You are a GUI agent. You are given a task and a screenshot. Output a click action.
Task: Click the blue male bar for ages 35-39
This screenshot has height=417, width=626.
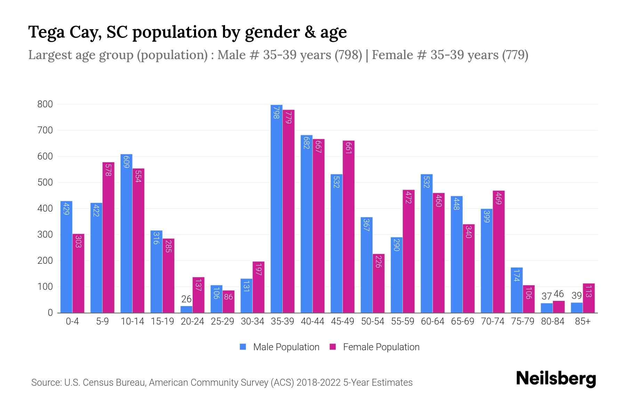[276, 208]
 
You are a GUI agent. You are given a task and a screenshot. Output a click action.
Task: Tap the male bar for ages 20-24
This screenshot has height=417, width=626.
[186, 309]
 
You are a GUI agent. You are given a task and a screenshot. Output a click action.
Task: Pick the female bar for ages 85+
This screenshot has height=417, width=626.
[588, 298]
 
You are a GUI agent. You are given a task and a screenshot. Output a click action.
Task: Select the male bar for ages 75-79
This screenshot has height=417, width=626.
[516, 290]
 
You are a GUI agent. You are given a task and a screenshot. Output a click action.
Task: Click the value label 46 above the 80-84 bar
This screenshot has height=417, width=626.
[559, 294]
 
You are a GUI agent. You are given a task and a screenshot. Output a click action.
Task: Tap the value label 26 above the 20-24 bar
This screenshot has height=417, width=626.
[186, 299]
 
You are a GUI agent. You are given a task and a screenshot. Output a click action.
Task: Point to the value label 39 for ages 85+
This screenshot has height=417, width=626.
[577, 296]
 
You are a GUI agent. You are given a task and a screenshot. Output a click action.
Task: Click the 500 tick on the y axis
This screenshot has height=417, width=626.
[45, 182]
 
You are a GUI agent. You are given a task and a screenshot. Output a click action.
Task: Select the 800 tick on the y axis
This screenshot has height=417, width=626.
[45, 104]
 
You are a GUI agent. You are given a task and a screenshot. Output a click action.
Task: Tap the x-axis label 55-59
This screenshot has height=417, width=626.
[402, 321]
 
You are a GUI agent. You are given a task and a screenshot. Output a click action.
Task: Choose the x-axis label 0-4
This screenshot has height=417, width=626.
[72, 321]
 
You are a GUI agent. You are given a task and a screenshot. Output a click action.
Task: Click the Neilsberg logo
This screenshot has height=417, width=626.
[556, 379]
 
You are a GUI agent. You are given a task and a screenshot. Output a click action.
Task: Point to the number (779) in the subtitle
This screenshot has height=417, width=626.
[515, 55]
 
